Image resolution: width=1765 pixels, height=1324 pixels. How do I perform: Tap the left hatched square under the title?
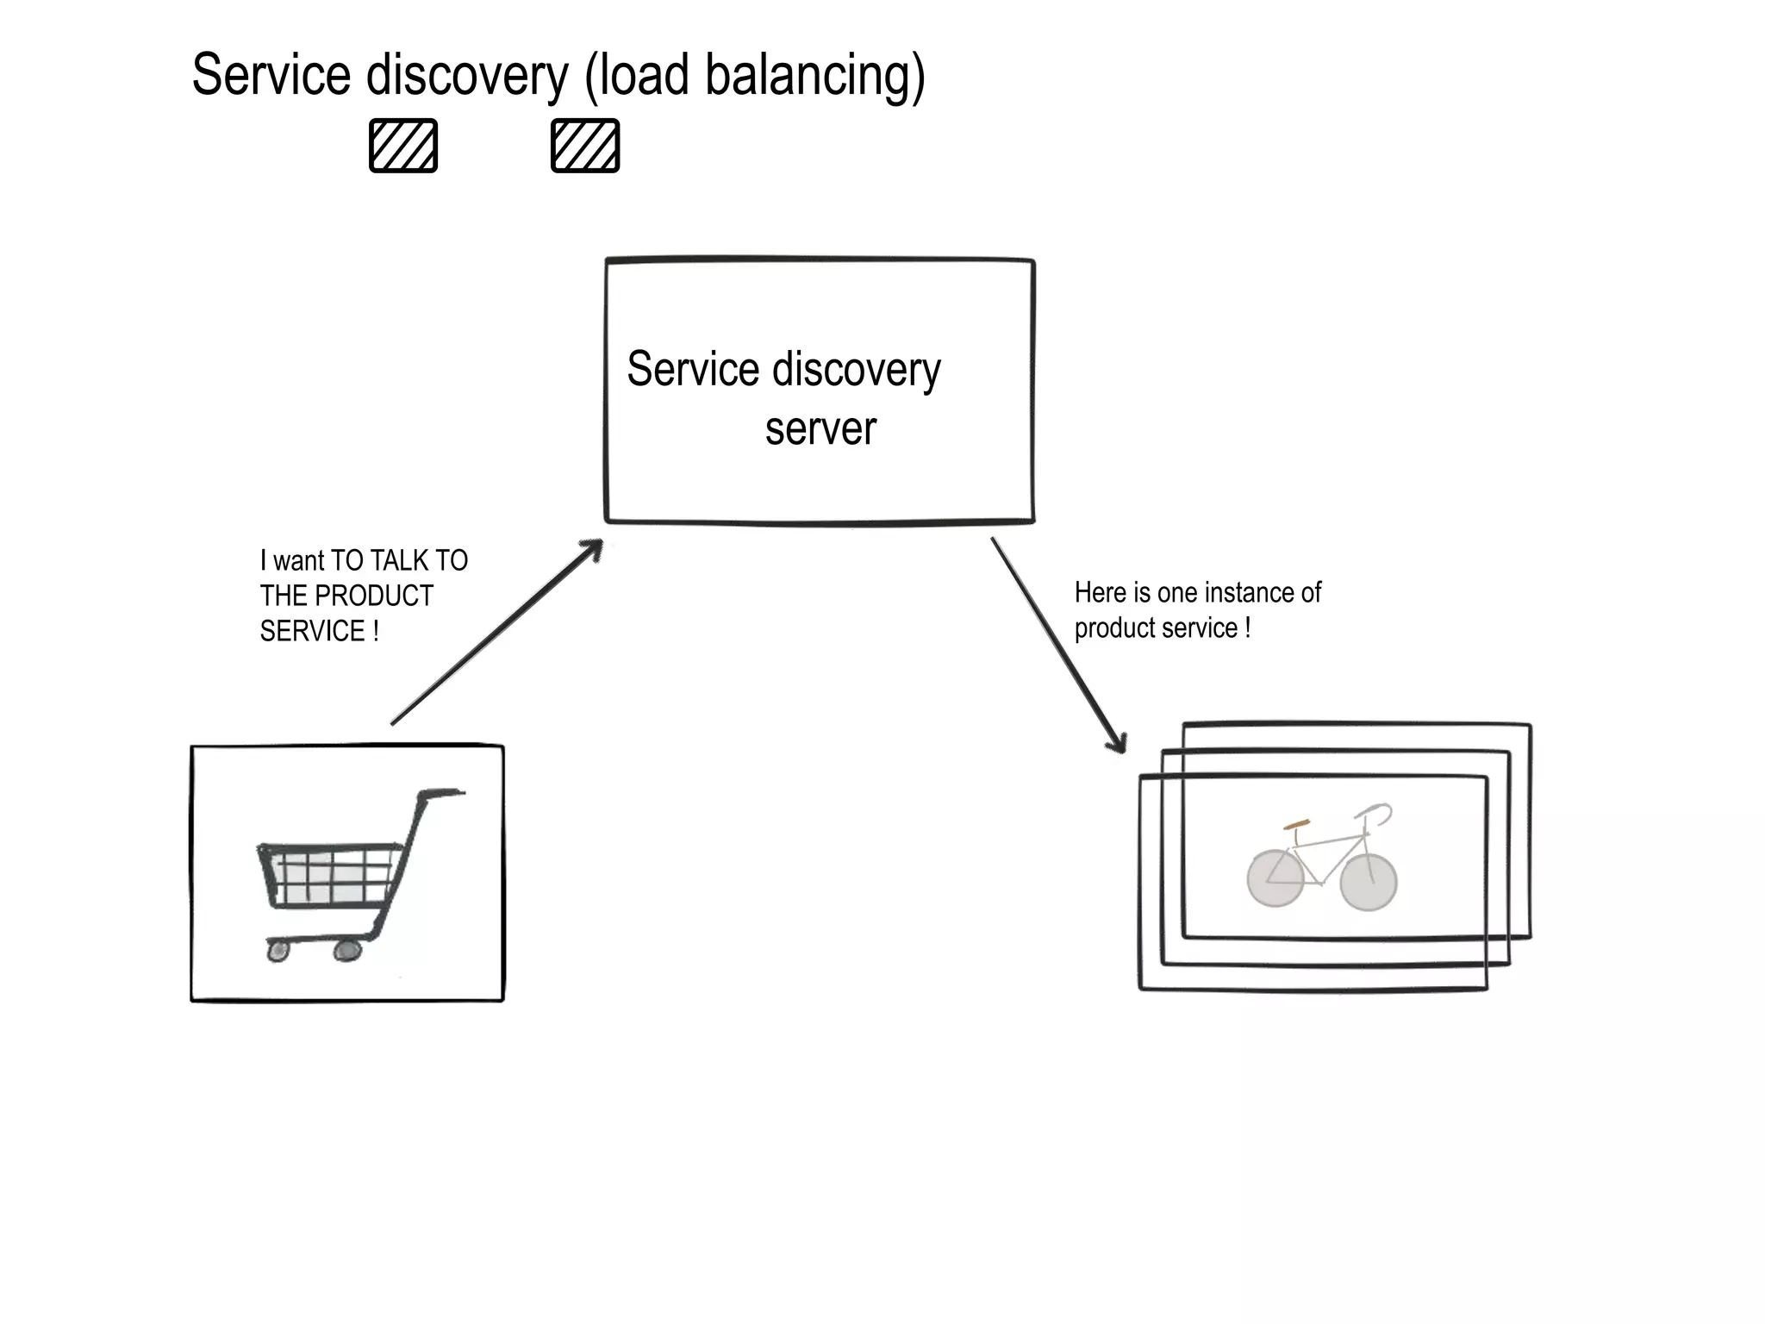(403, 146)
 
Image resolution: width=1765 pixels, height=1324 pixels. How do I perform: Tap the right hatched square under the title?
(585, 146)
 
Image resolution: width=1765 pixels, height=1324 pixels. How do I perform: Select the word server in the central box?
(820, 428)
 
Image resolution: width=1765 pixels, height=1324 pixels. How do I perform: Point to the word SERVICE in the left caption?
(312, 631)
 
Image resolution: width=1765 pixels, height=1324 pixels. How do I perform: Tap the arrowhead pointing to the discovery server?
(593, 549)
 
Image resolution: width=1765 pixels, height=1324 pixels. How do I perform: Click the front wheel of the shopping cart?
(278, 951)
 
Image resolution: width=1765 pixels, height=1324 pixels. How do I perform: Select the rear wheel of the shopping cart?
(347, 950)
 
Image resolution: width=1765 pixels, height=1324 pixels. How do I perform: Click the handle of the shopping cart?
(441, 792)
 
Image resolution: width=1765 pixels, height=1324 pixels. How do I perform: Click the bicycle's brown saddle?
(1296, 825)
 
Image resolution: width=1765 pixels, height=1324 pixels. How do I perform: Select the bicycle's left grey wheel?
(1275, 878)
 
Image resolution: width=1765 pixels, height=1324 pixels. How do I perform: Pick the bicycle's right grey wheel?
(1369, 883)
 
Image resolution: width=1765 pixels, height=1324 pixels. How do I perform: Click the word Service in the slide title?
(271, 76)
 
